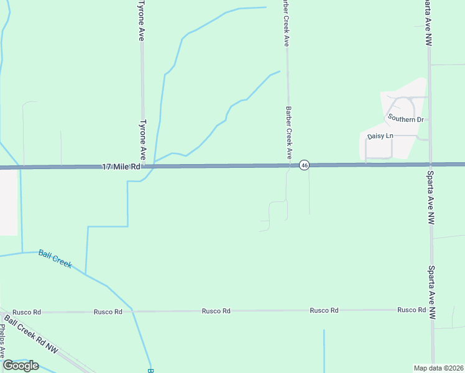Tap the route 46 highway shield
pos(304,165)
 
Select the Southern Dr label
pos(405,118)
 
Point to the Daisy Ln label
pos(380,136)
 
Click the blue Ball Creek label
pos(55,259)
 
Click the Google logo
pos(21,366)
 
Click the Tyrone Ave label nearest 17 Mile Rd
pos(142,139)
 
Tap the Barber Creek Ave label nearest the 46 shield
pos(288,132)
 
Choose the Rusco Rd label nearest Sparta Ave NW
pos(412,310)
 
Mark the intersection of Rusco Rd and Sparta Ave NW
pos(431,310)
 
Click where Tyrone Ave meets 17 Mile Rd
pos(143,167)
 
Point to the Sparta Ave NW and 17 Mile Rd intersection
pos(430,164)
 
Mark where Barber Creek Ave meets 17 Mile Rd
pos(288,165)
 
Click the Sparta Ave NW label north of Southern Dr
pos(428,22)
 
